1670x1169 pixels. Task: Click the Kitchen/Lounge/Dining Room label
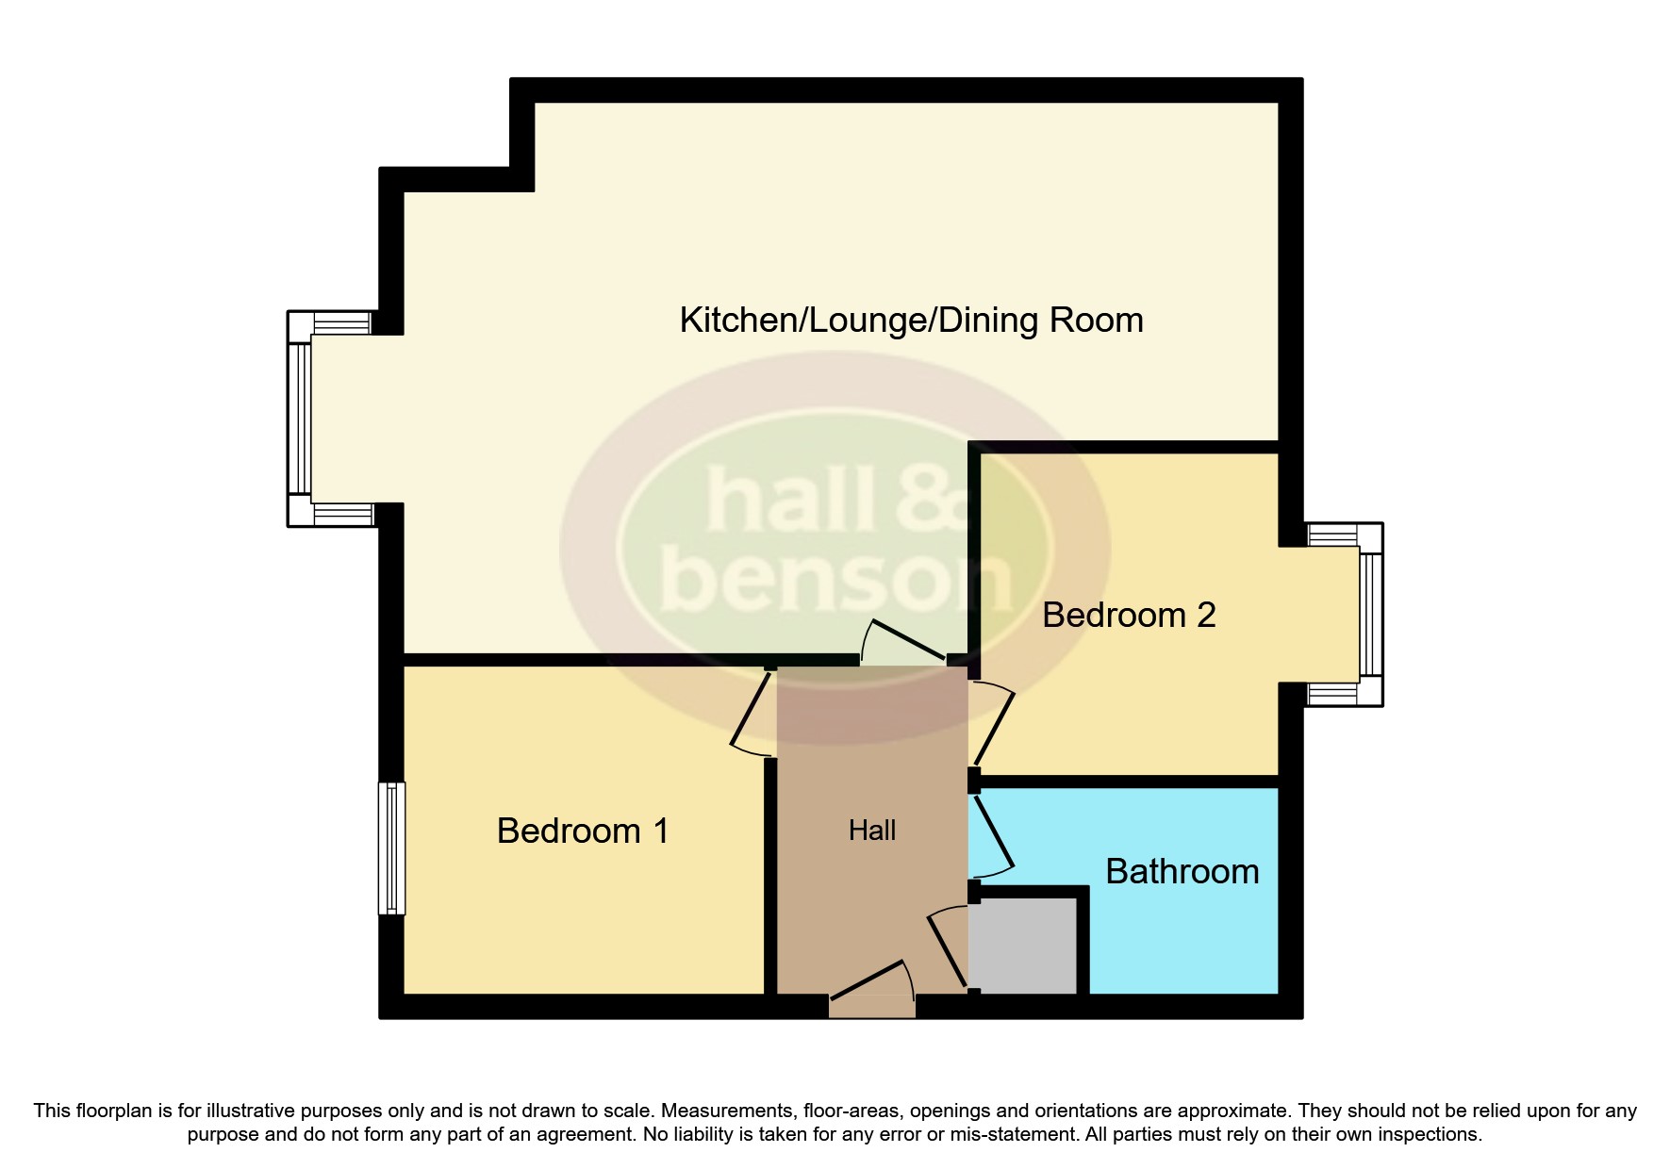[x=911, y=321]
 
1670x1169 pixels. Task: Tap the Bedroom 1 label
[x=582, y=831]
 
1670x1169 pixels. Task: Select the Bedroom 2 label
[x=1128, y=616]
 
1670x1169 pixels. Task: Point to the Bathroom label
[x=1182, y=871]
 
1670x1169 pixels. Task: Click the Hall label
[x=871, y=831]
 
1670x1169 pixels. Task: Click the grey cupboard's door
[x=948, y=947]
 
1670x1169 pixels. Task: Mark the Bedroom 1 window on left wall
[x=391, y=848]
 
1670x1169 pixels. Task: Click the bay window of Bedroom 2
[x=1369, y=615]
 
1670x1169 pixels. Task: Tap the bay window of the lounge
[x=300, y=419]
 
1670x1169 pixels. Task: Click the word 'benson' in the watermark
[x=835, y=575]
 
